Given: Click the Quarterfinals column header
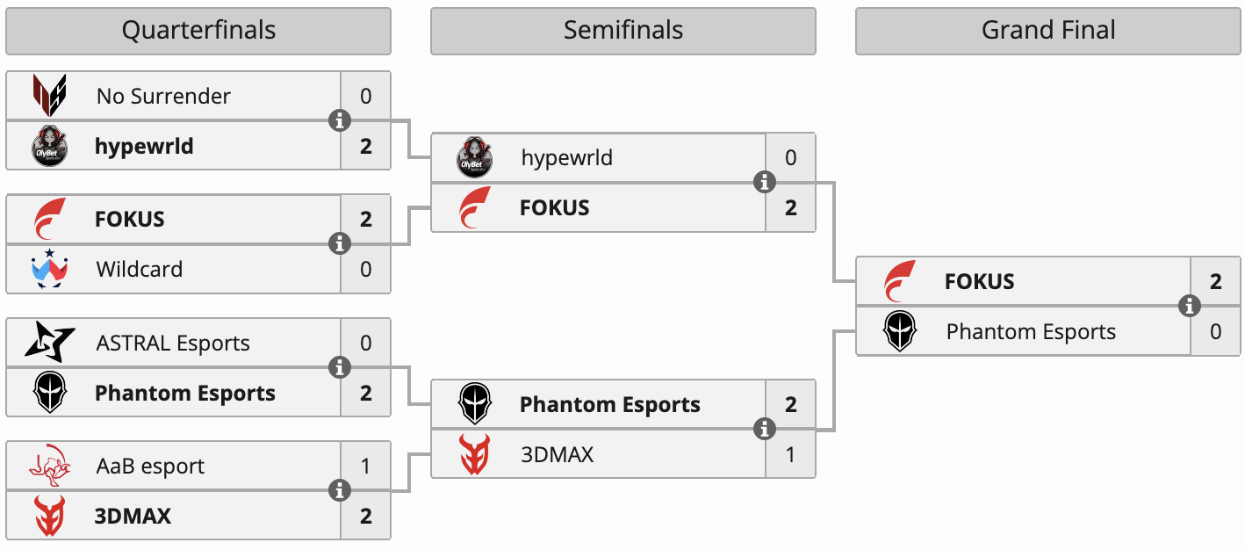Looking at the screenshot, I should pos(198,31).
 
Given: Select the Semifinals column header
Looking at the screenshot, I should pos(622,31).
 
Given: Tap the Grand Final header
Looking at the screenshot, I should pos(1047,31).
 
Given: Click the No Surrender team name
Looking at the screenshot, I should pos(163,96).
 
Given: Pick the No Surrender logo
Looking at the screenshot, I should pos(49,96).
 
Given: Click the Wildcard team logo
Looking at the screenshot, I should pos(49,269).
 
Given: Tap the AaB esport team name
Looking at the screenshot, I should pos(150,466).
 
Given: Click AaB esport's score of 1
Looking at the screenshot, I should pos(366,466).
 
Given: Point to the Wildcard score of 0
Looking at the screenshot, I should pos(366,269).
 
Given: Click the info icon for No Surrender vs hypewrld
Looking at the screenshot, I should pos(340,120).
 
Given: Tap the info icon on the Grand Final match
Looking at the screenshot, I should pos(1190,306).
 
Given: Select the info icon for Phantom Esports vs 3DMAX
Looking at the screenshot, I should pos(765,429).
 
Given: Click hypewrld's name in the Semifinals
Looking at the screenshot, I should pos(566,158).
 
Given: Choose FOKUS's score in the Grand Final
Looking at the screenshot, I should pos(1216,281).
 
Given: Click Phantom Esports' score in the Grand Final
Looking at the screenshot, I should pos(1216,332).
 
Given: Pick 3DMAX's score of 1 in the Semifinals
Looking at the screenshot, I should pos(791,454).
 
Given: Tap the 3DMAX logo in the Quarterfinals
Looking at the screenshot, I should pos(49,516).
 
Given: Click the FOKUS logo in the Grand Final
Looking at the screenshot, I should pos(900,281).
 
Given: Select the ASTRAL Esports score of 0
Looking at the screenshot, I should pos(366,343).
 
